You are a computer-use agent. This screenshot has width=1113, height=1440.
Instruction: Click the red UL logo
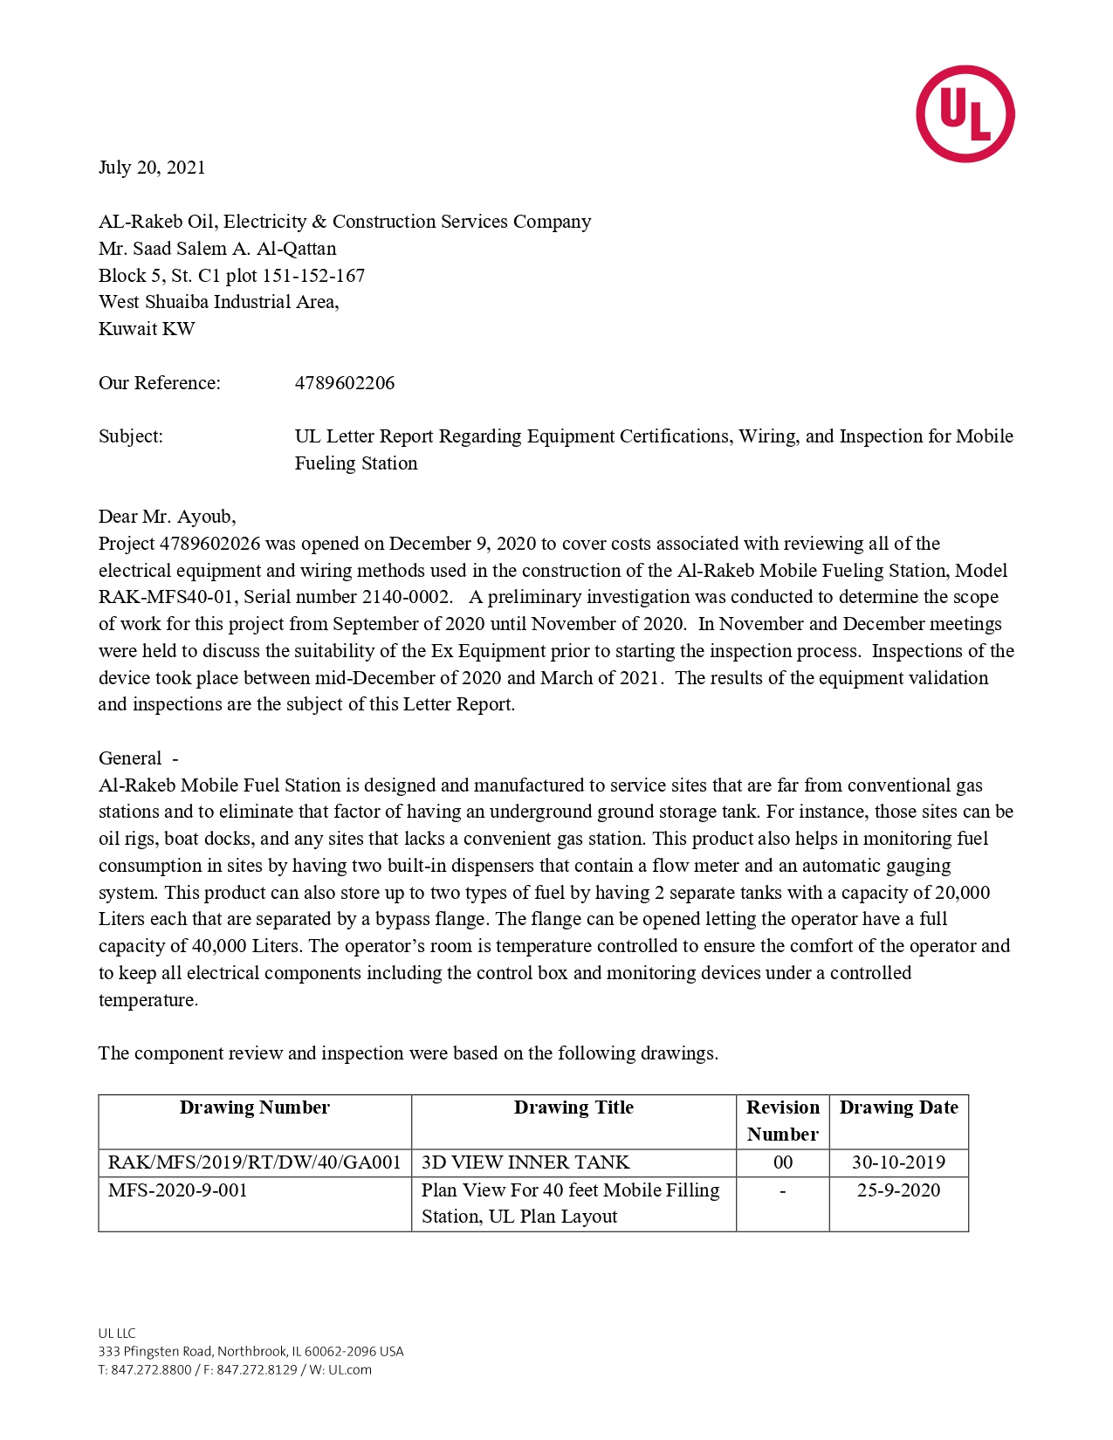965,113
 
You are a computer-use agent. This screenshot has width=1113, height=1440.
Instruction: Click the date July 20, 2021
152,168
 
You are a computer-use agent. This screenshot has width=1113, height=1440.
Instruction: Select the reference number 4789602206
345,383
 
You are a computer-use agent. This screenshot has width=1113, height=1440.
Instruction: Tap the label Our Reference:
160,383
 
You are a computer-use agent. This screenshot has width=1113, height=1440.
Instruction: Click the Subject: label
131,436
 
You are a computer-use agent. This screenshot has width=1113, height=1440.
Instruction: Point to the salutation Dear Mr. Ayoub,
167,517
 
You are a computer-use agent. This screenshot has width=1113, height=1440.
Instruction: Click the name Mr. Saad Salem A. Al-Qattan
217,249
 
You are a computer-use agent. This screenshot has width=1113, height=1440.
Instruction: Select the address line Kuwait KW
147,329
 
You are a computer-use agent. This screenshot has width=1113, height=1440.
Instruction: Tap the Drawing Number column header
255,1107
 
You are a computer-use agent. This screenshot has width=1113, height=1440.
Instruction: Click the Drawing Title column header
574,1107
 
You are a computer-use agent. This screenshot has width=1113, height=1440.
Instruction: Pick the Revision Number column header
783,1121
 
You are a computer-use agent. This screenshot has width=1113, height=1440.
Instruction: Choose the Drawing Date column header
899,1107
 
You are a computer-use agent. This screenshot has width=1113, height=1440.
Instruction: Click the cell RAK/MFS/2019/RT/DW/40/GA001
254,1162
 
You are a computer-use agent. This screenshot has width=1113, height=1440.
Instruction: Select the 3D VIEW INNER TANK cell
526,1162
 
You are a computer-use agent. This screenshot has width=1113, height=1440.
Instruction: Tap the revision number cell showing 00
783,1162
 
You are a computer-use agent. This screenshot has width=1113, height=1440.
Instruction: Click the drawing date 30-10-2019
899,1162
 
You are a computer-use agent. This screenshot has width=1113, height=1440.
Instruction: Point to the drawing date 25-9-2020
899,1190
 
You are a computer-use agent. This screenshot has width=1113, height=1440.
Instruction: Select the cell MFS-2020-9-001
178,1190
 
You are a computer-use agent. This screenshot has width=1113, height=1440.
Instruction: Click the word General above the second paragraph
130,758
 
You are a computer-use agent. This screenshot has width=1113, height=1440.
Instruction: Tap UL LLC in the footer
117,1334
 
